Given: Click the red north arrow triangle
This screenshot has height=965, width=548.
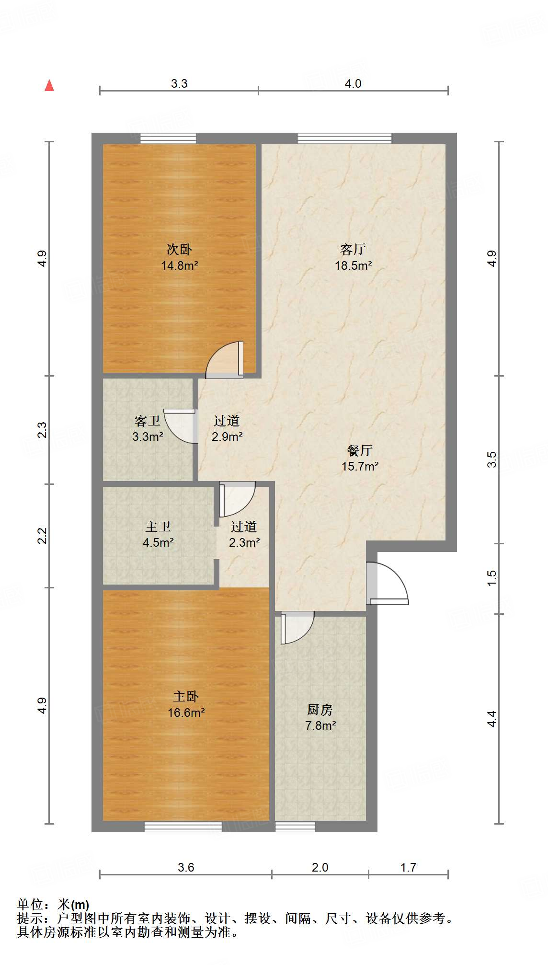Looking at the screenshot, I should tap(49, 85).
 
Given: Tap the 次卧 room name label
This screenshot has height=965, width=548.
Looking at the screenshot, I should tap(179, 249).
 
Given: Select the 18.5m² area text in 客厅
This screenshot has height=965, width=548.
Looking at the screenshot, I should tap(353, 265).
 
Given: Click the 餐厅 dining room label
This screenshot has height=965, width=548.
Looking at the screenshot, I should tap(360, 450).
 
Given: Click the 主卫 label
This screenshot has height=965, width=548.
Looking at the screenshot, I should tap(158, 527).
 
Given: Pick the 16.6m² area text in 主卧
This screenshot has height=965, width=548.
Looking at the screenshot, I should tap(186, 712).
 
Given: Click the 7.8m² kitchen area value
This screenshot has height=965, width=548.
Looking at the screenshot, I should tap(320, 725).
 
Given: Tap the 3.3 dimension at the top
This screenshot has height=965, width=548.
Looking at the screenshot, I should tap(179, 83).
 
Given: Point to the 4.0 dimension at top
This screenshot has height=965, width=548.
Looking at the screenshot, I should tap(353, 83).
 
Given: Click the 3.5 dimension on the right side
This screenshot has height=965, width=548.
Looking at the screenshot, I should tap(492, 460).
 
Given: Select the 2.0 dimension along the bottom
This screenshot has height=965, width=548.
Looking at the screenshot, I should tap(320, 867).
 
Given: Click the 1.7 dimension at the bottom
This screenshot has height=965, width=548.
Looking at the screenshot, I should tap(408, 867).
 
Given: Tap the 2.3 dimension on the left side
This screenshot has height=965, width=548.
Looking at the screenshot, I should tap(42, 429).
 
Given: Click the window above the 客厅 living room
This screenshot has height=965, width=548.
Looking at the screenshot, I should tap(344, 138).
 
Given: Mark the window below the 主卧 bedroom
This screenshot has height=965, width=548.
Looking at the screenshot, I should tap(183, 827).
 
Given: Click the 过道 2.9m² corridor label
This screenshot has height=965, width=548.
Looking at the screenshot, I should tap(227, 428).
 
